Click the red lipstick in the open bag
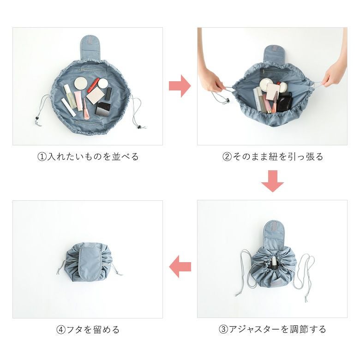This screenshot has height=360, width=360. [93, 85]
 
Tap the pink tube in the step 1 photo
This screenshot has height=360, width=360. [78, 101]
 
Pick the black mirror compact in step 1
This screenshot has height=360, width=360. [102, 109]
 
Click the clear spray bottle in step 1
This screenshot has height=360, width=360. [70, 96]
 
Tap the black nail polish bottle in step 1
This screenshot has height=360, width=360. [108, 93]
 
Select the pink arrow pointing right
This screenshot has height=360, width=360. [180, 86]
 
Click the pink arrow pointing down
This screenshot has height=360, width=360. [272, 181]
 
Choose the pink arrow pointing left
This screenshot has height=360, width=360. [180, 267]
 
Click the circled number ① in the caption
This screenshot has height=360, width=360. [42, 157]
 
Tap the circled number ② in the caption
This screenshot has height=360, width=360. [227, 157]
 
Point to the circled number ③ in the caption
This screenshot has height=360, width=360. [223, 330]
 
